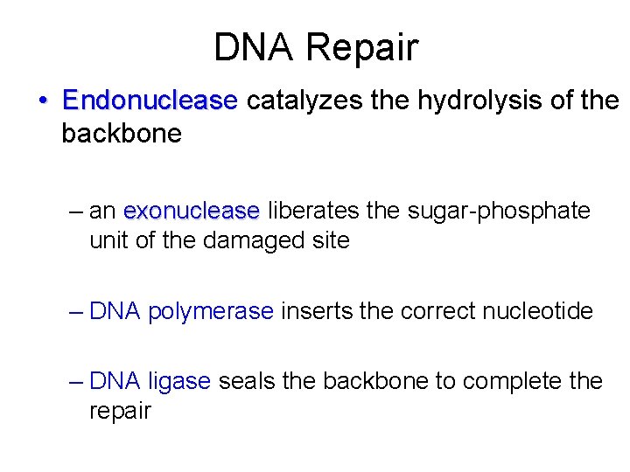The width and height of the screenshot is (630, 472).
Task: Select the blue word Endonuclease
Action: point(150,101)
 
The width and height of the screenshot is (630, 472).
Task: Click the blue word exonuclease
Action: point(192,212)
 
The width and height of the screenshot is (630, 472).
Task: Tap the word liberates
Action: point(311,212)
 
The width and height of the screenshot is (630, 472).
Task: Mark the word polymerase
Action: point(211,311)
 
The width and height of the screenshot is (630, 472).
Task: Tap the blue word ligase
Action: point(179,382)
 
